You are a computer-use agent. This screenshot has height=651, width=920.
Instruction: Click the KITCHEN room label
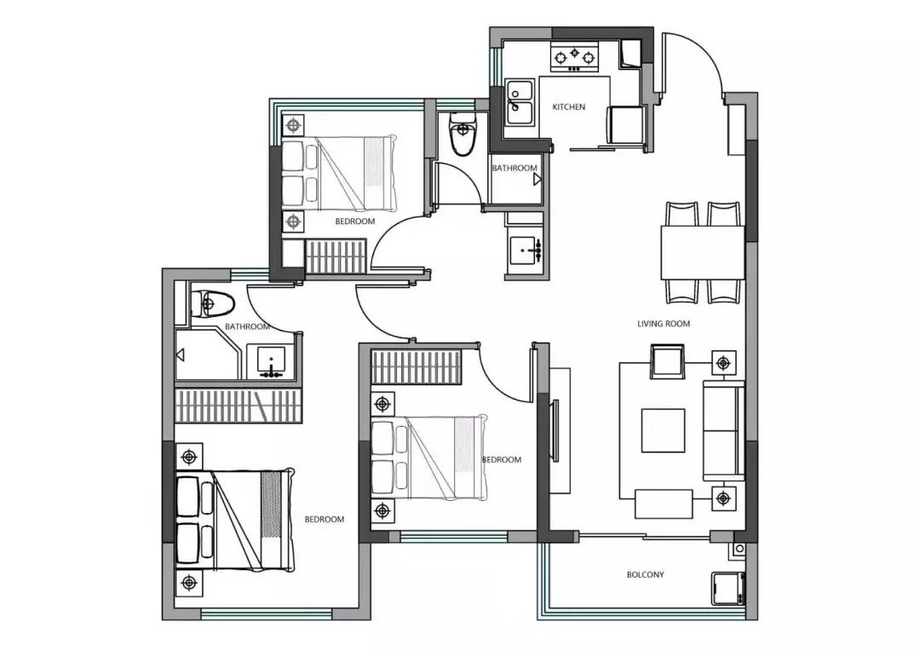point(568,107)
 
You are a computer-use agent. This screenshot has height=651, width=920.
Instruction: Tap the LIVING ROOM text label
point(664,324)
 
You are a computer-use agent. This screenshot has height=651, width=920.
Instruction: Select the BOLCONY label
point(646,574)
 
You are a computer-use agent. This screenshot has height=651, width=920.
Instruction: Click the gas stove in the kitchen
point(574,58)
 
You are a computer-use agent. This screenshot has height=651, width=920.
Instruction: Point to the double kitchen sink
point(520,103)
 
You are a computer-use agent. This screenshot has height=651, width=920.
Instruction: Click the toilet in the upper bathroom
point(463,134)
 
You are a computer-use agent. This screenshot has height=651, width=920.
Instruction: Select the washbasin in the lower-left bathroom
point(271,361)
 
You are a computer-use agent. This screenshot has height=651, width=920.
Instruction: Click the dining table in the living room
point(703,252)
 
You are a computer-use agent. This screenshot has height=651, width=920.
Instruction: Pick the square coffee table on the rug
point(663,430)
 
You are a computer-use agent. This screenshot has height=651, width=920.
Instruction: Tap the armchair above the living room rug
point(667,361)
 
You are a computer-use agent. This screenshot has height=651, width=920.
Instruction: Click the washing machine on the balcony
point(727,588)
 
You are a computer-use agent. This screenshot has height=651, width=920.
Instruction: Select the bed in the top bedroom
point(338,174)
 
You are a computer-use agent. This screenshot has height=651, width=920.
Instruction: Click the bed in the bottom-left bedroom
point(235,520)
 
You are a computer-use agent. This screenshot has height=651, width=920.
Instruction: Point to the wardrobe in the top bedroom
point(336,256)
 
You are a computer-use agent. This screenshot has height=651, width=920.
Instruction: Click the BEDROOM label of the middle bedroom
point(502,459)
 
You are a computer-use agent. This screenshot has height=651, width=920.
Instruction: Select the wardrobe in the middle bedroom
point(416,367)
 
